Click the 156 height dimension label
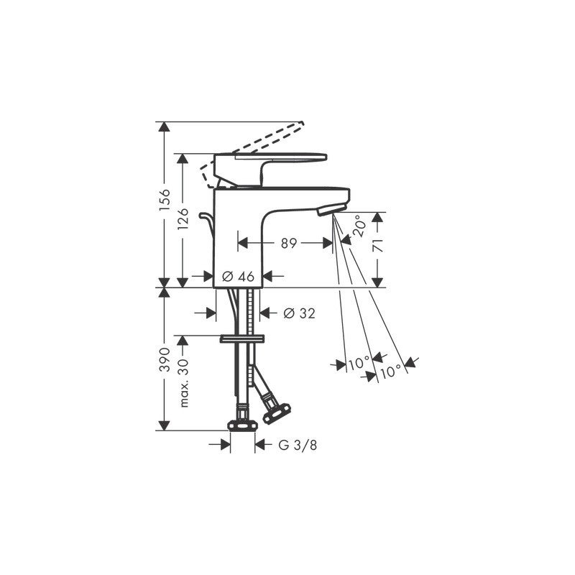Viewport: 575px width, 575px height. [x=165, y=200]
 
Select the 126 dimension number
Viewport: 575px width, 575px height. [x=183, y=219]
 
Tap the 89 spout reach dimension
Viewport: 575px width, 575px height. [x=289, y=243]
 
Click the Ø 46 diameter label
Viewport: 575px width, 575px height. [x=238, y=276]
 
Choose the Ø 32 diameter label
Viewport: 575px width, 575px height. [x=299, y=313]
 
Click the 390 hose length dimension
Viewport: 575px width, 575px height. [x=165, y=359]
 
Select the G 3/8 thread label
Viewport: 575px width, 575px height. [x=298, y=445]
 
